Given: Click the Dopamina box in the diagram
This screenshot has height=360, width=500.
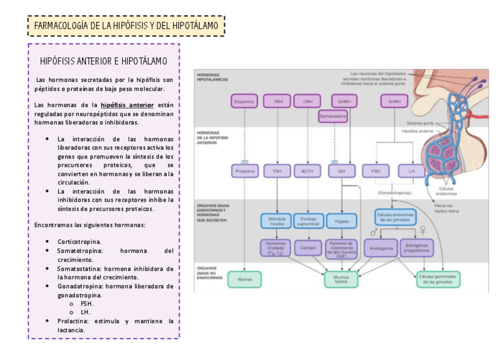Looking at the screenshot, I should pos(244,101).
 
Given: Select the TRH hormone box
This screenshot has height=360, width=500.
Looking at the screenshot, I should pos(278,101).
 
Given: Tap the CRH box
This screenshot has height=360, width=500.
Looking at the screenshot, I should pos(307,101).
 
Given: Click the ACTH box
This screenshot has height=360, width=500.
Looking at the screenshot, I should pos(307,171).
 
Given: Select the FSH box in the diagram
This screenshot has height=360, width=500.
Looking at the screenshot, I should pos(376,171).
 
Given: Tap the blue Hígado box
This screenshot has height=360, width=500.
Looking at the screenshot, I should pos(341,221).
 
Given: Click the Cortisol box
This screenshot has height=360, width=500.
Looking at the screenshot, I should pos(307,247).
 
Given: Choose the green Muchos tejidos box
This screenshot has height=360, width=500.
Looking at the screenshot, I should pos(341,279).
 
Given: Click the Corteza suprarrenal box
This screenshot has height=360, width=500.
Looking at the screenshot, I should pos(307,221).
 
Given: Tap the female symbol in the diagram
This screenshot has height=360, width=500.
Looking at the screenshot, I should pos(423,231).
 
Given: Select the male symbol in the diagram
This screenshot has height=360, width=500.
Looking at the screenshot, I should pos(374,232).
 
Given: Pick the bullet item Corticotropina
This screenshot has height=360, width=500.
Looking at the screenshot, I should pos(79,242).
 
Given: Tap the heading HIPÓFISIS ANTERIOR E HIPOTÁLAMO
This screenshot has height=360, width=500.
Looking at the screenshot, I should pos(103,61).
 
